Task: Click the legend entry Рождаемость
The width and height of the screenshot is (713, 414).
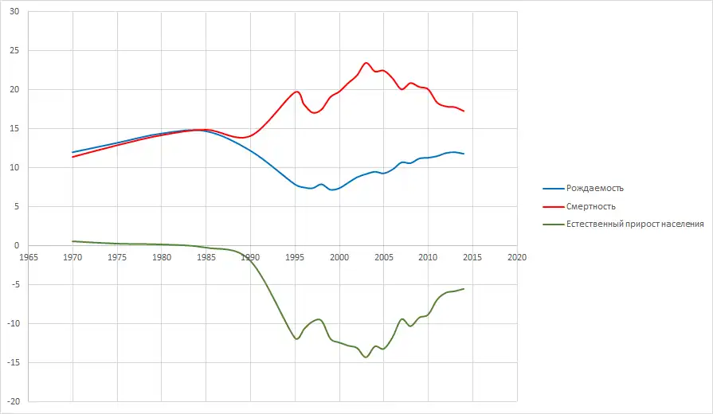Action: click(x=594, y=189)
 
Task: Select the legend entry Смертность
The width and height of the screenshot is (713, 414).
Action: click(x=591, y=207)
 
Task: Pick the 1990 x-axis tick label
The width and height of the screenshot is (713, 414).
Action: click(x=250, y=258)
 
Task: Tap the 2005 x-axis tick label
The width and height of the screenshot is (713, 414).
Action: click(x=384, y=258)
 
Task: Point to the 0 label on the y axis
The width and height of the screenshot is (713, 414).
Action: click(x=18, y=245)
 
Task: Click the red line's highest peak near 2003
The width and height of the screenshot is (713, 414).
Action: click(x=366, y=63)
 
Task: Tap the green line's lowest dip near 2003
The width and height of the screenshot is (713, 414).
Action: click(x=366, y=357)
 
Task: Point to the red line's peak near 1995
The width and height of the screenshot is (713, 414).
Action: click(x=296, y=92)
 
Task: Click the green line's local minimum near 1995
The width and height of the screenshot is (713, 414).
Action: click(x=296, y=339)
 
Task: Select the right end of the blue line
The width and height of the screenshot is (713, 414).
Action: click(x=464, y=154)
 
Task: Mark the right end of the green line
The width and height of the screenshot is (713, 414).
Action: click(x=464, y=289)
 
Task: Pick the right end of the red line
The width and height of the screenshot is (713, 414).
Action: click(x=464, y=111)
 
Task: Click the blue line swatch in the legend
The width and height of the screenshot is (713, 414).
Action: click(x=553, y=189)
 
